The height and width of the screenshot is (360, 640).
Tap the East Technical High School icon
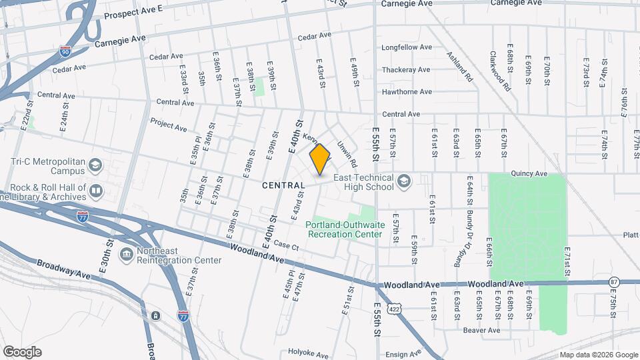(x=403, y=181)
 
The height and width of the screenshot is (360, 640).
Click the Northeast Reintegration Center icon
(x=125, y=254)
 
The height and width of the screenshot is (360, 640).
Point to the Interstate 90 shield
(x=64, y=51)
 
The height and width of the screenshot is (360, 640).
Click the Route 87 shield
(x=614, y=283)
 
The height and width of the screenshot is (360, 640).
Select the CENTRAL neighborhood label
(x=283, y=185)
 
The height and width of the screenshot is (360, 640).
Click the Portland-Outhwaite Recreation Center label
(x=344, y=229)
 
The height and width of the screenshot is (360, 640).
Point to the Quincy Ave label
(x=529, y=174)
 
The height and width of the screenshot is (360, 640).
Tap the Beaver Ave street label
(x=482, y=330)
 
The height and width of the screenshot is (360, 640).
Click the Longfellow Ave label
(x=407, y=48)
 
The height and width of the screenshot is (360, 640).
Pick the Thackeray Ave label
(x=406, y=70)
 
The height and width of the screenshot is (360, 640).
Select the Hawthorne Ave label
(x=407, y=92)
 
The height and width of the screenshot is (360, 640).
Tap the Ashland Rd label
(x=459, y=67)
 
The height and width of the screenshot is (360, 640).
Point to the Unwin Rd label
(x=347, y=154)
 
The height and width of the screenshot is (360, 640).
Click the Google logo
(x=22, y=351)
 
